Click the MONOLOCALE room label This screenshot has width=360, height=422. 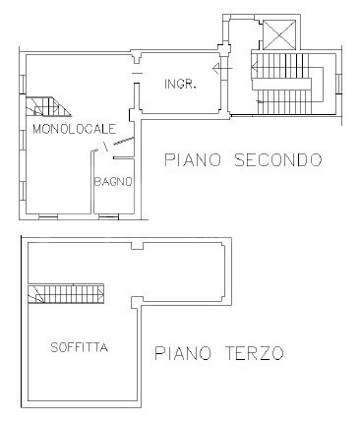75,129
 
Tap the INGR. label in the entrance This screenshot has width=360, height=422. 181,85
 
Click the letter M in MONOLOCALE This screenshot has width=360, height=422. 36,129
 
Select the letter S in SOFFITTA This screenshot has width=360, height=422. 53,347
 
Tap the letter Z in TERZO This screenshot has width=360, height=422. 262,352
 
